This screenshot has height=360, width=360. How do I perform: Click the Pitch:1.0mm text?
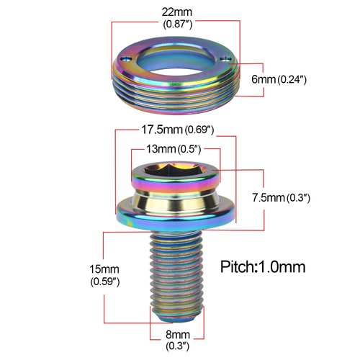click(x=263, y=266)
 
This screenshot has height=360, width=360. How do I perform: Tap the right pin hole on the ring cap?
click(x=228, y=60)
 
